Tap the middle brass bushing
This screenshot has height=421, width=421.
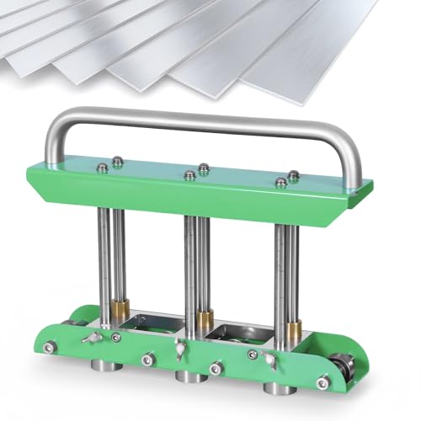click(203, 318)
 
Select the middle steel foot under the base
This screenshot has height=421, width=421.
click(185, 379)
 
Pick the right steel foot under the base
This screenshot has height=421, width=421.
click(275, 389)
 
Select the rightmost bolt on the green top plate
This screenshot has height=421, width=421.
click(293, 176)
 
